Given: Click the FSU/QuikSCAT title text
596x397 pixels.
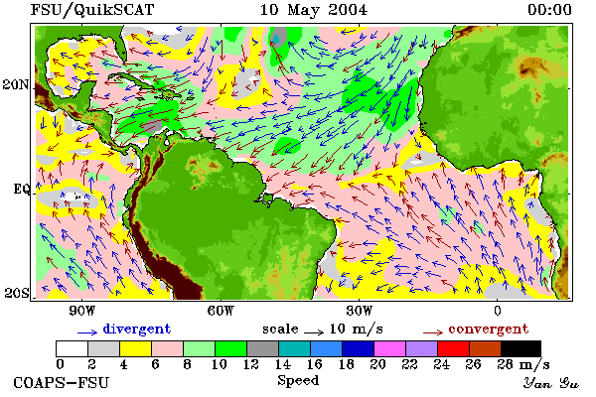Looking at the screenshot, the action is [92, 10].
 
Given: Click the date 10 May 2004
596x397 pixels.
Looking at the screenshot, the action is [314, 10].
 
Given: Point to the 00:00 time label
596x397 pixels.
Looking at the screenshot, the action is [549, 10].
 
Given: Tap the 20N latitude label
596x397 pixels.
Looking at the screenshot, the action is [16, 84].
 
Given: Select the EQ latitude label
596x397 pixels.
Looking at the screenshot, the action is [21, 189].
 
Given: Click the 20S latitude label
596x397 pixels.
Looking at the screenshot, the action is [16, 293].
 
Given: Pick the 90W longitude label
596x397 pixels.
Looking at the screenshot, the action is [81, 311].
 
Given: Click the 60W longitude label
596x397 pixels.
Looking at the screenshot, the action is [221, 311].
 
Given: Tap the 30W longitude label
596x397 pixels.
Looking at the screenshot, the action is [360, 311].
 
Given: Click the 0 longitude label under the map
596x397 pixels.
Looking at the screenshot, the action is [498, 311].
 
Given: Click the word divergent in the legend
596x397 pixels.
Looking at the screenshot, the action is [136, 329].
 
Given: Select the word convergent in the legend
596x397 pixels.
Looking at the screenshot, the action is [489, 329].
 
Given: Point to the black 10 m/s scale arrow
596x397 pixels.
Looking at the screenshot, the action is [314, 332].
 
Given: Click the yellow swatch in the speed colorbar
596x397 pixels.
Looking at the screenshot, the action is [135, 348].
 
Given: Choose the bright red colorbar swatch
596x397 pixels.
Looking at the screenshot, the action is [453, 348].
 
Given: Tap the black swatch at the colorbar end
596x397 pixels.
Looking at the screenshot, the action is [521, 348].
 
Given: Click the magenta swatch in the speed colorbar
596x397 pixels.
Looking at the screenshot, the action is [389, 348].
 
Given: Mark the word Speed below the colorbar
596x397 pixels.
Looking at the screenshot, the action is [298, 381].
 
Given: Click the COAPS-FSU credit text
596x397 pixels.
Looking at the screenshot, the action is [61, 382].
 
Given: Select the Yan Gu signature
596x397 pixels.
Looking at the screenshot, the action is [551, 383].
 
